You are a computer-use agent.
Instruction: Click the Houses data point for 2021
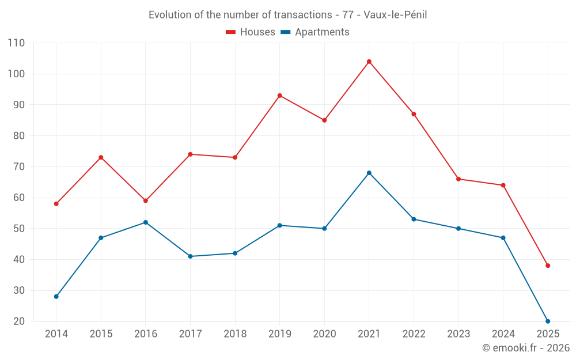pos(369,62)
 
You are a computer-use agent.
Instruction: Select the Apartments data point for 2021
pos(369,173)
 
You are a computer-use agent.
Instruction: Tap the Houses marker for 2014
pos(56,204)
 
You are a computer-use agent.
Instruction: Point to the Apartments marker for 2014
pos(56,297)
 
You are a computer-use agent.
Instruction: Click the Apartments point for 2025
pos(548,321)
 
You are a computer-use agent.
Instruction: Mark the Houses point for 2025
pos(548,266)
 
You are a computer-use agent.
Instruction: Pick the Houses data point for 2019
pos(280,96)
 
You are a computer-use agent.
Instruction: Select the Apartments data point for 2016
pos(146,222)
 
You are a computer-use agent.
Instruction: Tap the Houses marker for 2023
pos(458,179)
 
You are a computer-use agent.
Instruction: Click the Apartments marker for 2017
pos(191,256)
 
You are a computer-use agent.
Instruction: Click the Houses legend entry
pos(251,32)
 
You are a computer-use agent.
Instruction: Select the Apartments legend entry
pos(315,32)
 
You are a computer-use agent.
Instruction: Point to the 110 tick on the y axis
pos(17,43)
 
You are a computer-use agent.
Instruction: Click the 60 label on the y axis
pos(19,198)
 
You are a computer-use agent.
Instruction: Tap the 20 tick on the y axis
pos(19,321)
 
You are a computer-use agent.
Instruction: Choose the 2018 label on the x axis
pos(235,334)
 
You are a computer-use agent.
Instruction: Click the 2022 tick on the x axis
pos(414,334)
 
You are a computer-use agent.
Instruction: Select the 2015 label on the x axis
pos(101,334)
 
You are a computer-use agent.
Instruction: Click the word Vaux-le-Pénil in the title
pos(398,15)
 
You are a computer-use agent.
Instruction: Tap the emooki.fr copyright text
pos(526,348)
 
